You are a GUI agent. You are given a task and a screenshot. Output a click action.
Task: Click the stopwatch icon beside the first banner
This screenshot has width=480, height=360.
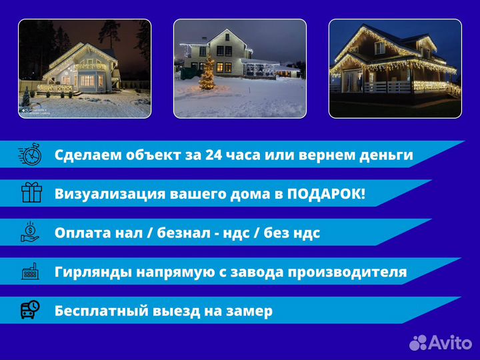(x=31, y=155)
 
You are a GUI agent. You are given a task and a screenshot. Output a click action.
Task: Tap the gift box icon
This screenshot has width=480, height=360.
(x=31, y=193)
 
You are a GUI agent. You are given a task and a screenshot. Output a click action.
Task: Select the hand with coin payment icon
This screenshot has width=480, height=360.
(x=31, y=232)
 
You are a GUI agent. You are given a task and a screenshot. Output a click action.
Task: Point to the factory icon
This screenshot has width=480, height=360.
(x=31, y=271)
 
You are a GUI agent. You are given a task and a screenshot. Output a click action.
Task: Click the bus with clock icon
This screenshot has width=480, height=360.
(x=31, y=310)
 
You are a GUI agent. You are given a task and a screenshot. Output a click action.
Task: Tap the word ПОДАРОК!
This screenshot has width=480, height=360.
(x=326, y=194)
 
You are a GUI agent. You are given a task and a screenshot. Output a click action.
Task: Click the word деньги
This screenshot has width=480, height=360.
(x=386, y=155)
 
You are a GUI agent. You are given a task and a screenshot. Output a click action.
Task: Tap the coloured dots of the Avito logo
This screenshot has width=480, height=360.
(x=418, y=343)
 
